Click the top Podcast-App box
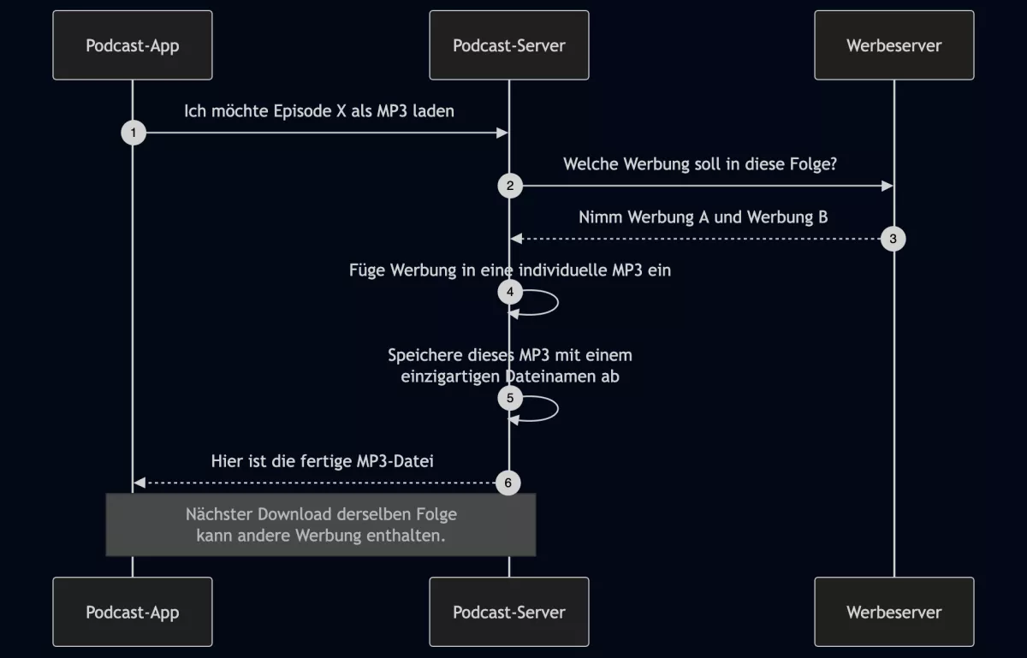pos(133,45)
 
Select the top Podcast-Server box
pos(509,45)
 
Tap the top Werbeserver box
pos(894,45)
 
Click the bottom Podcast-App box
pos(133,612)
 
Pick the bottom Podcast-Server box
pos(509,612)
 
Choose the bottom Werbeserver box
pos(894,612)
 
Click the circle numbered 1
pos(134,133)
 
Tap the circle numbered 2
pos(510,186)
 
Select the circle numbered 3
pos(893,239)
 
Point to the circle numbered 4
pos(510,292)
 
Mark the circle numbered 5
pos(510,398)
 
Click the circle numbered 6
pos(508,483)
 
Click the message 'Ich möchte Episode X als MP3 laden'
pos(319,111)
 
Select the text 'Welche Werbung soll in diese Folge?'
pos(700,164)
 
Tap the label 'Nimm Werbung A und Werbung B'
pos(703,217)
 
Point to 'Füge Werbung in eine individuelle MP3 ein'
pos(510,270)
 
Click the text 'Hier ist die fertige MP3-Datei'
pos(323,462)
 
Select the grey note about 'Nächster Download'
pos(321,525)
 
